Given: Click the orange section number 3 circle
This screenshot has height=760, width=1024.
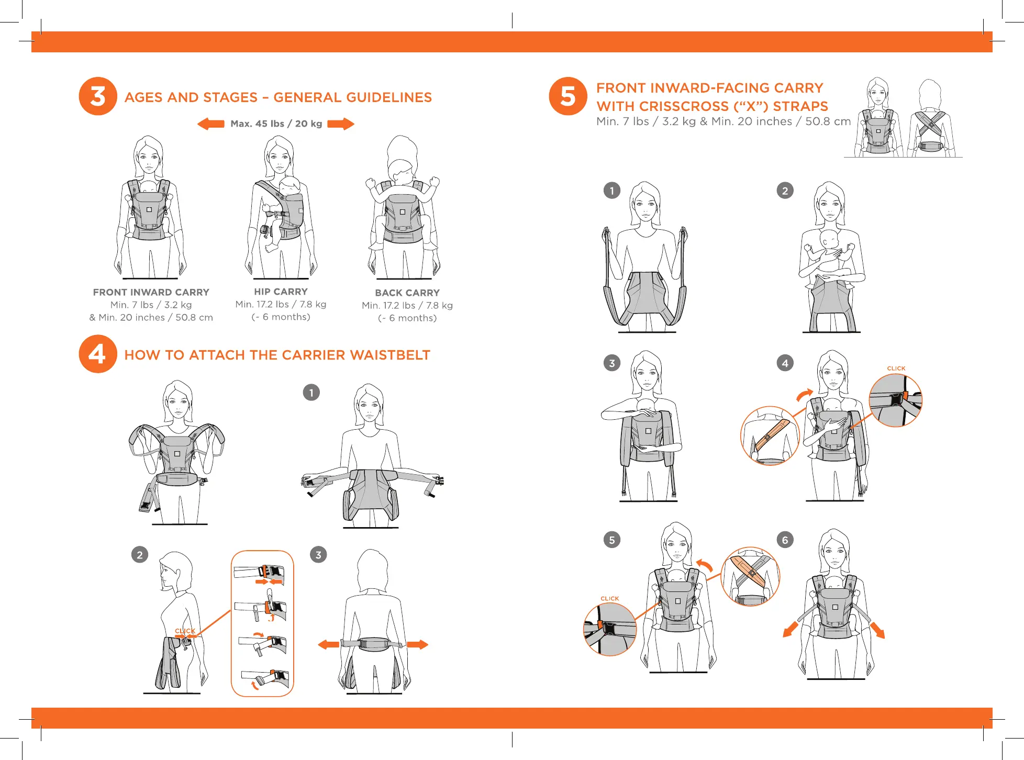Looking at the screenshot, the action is click(98, 96).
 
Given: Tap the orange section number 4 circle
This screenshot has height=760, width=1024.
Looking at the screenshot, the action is click(98, 354).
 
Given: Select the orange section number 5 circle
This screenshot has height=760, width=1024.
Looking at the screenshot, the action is click(568, 96).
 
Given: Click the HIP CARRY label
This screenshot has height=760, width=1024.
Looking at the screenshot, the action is click(281, 292).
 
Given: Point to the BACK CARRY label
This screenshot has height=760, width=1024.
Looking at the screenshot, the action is click(407, 293).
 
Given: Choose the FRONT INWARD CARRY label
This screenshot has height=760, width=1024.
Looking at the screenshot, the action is click(151, 292).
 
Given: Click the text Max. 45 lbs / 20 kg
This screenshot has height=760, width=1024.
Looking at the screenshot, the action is click(276, 124).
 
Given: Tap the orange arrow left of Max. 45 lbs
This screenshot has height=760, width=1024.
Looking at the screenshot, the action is click(211, 124).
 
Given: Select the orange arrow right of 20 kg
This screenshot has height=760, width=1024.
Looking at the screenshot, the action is click(341, 124).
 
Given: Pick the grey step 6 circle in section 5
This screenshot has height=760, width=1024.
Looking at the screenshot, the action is click(785, 540).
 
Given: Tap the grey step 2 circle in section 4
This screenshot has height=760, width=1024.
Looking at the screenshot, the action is click(140, 555).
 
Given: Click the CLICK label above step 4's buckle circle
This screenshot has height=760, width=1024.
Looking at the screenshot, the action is click(896, 368).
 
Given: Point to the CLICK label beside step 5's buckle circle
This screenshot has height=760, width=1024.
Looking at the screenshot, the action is click(610, 598).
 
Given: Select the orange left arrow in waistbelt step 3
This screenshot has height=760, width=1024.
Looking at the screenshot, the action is click(329, 644).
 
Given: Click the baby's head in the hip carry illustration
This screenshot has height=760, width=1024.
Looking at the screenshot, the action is click(290, 185).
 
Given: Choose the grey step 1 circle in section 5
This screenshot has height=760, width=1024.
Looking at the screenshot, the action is click(612, 191).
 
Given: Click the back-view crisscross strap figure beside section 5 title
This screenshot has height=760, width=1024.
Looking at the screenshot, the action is click(931, 118).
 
